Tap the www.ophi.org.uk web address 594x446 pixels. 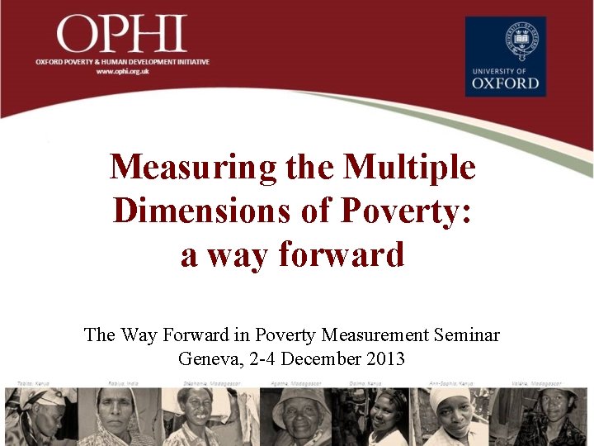pyautogui.click(x=123, y=72)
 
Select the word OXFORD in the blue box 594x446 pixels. pyautogui.click(x=505, y=83)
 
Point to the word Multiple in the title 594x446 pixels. pyautogui.click(x=410, y=168)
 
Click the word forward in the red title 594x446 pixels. pyautogui.click(x=342, y=255)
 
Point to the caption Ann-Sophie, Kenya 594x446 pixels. pyautogui.click(x=450, y=383)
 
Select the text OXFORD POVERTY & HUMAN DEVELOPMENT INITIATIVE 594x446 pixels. pyautogui.click(x=122, y=62)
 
